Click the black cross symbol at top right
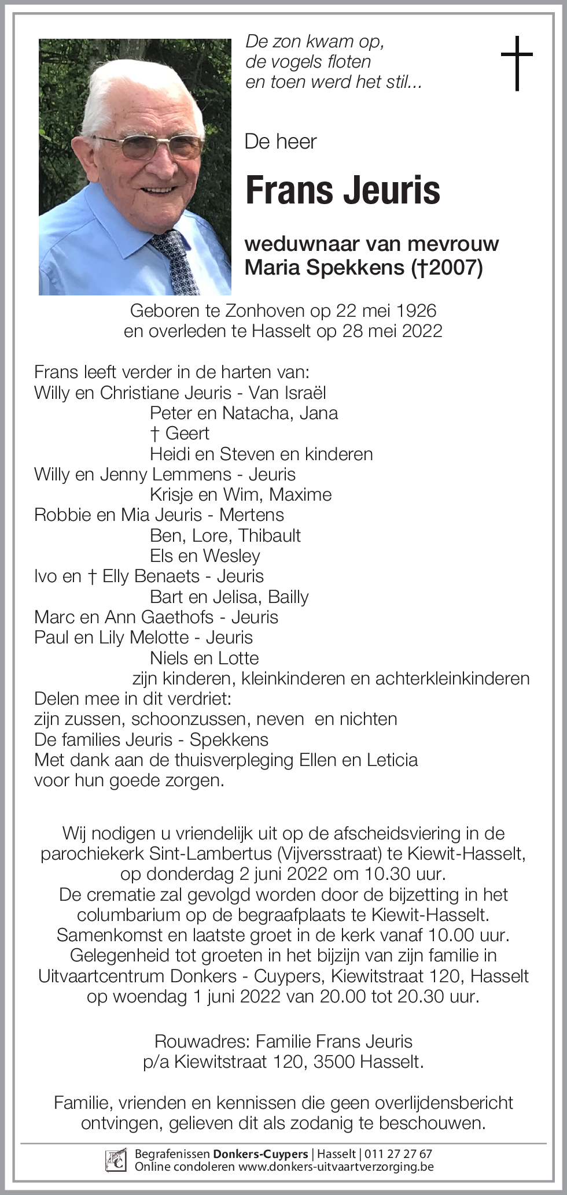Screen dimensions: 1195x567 coord(516,63)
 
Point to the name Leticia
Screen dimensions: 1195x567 coord(392,760)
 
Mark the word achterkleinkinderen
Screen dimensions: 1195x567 coord(452,678)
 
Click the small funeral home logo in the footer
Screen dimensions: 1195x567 coord(116,1160)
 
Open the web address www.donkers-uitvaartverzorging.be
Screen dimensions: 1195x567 coord(336,1167)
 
